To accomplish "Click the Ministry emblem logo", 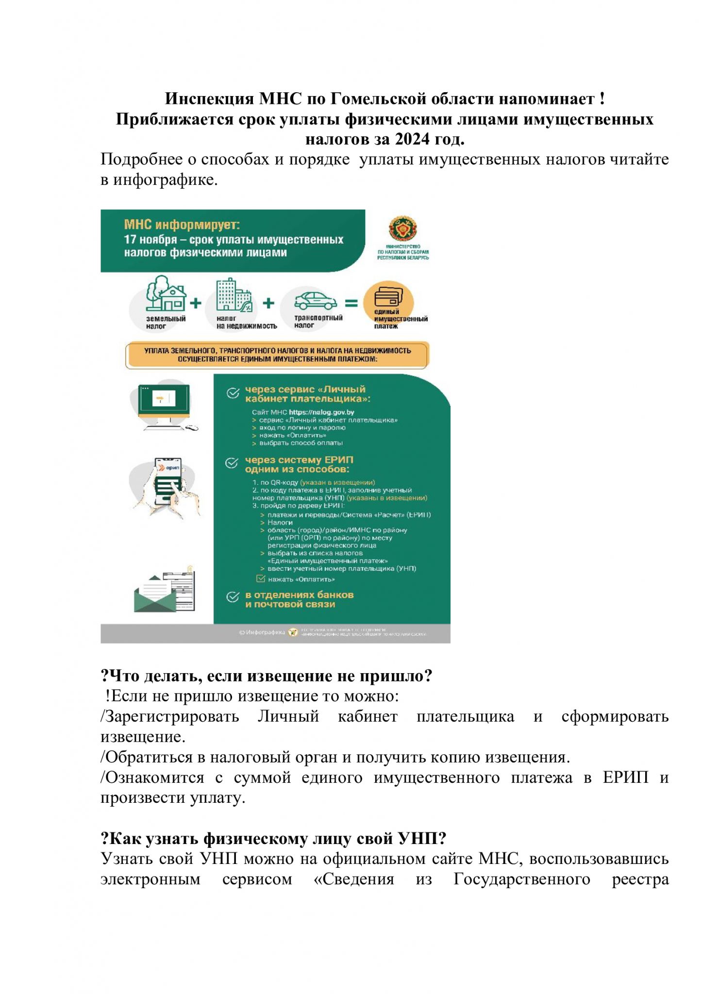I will pos(403,229).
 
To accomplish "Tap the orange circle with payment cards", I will pos(388,298).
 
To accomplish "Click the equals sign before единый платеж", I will pos(351,304).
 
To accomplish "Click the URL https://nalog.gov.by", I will pos(321,412).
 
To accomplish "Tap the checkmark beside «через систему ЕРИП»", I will pos(232,463).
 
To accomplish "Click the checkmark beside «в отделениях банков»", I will pos(233,597).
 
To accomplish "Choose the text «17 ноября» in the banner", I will pos(143,240).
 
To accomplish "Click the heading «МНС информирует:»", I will pos(182,225).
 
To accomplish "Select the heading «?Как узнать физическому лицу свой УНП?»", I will pos(273,839).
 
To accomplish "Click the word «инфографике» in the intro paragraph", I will pos(165,180).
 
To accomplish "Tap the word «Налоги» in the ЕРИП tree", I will pos(280,523).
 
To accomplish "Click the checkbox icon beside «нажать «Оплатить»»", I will pos(261,579).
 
